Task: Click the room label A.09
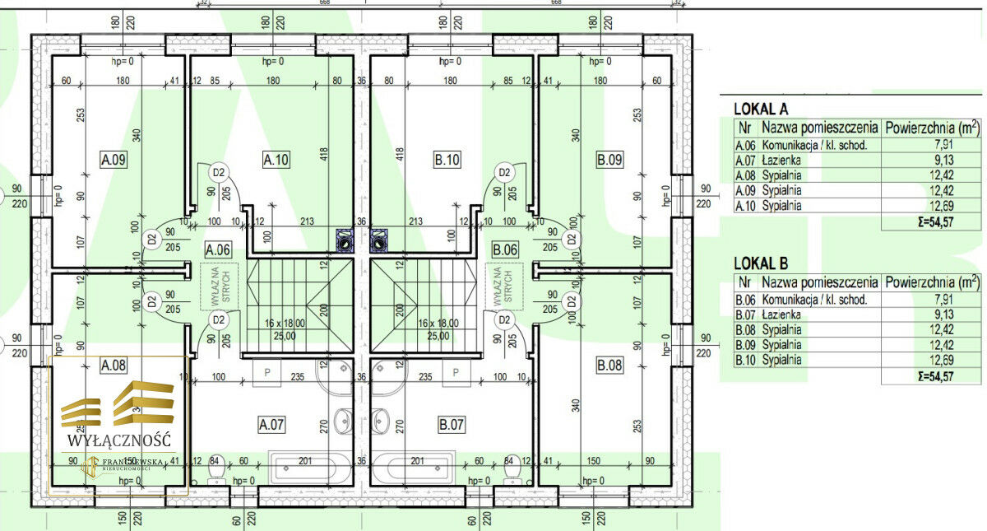[x=113, y=160]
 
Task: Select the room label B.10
[x=447, y=160]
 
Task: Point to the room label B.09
[x=609, y=160]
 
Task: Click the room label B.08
[x=609, y=366]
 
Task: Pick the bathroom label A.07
[x=271, y=426]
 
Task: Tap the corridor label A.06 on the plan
[x=217, y=249]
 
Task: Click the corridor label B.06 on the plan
[x=504, y=249]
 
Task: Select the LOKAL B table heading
[x=761, y=263]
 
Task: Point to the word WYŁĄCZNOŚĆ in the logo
[x=119, y=440]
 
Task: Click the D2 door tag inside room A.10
[x=218, y=173]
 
